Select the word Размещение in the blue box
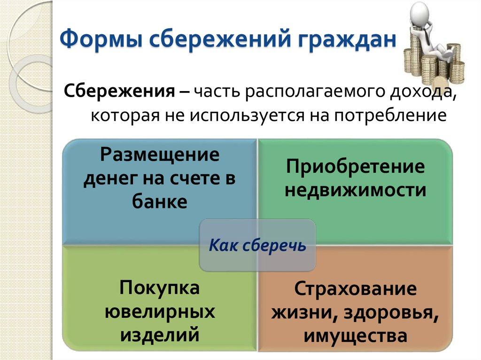coord(160,154)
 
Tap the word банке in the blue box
coord(160,202)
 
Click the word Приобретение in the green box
coord(356,168)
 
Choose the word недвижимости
coord(356,190)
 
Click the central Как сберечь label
coord(257,245)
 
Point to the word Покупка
coord(160,287)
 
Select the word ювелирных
coord(160,311)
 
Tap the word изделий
coord(160,335)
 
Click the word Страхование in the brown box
coord(356,289)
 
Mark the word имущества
coord(356,336)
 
